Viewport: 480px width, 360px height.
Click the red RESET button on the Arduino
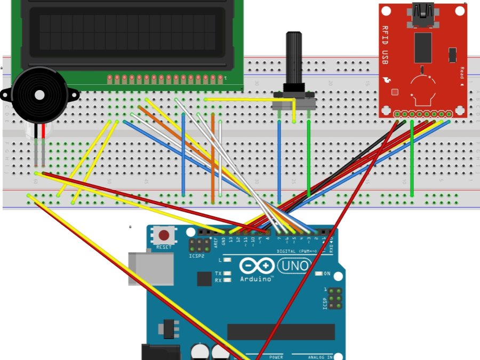(164, 235)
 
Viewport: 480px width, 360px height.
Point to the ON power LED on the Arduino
(319, 274)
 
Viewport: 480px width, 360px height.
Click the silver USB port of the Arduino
(151, 268)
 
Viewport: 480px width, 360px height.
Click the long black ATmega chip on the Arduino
(281, 332)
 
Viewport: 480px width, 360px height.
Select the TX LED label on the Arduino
(218, 273)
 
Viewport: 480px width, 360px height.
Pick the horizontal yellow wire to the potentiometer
(245, 99)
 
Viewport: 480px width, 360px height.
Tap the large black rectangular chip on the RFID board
(422, 47)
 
